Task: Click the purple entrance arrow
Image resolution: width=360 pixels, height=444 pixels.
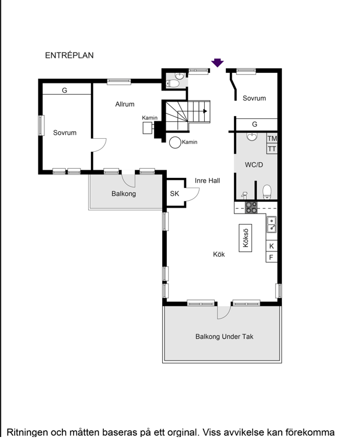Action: pyautogui.click(x=217, y=62)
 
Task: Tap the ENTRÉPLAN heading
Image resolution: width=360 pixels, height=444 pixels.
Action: pyautogui.click(x=69, y=55)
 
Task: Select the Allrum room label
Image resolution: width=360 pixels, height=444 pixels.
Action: pyautogui.click(x=125, y=104)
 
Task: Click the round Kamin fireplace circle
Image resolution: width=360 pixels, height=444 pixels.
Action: pyautogui.click(x=175, y=142)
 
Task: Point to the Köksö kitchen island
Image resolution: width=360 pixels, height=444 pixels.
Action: pyautogui.click(x=245, y=238)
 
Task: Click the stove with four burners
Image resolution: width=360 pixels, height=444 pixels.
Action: pyautogui.click(x=251, y=207)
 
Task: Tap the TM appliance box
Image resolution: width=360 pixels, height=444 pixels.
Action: pyautogui.click(x=272, y=138)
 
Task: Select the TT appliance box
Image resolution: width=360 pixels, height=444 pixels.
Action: pyautogui.click(x=272, y=149)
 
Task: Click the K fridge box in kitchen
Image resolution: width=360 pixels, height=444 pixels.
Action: pyautogui.click(x=271, y=246)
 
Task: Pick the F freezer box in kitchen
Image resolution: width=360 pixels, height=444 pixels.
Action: pyautogui.click(x=271, y=257)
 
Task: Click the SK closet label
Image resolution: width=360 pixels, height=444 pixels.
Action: pyautogui.click(x=174, y=193)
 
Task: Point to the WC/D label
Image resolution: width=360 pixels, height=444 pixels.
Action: pyautogui.click(x=254, y=165)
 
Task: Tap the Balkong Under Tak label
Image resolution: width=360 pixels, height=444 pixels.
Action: pyautogui.click(x=224, y=337)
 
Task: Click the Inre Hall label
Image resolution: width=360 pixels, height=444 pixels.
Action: pyautogui.click(x=207, y=181)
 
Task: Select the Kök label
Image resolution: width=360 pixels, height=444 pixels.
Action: pyautogui.click(x=219, y=254)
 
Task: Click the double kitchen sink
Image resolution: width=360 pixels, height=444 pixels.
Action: pyautogui.click(x=271, y=224)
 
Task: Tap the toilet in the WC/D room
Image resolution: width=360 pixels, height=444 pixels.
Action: pyautogui.click(x=267, y=192)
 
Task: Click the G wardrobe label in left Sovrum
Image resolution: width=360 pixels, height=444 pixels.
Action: pyautogui.click(x=65, y=90)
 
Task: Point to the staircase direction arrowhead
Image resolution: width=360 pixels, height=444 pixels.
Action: pyautogui.click(x=205, y=111)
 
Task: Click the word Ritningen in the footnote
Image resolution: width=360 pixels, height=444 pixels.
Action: pyautogui.click(x=27, y=433)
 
